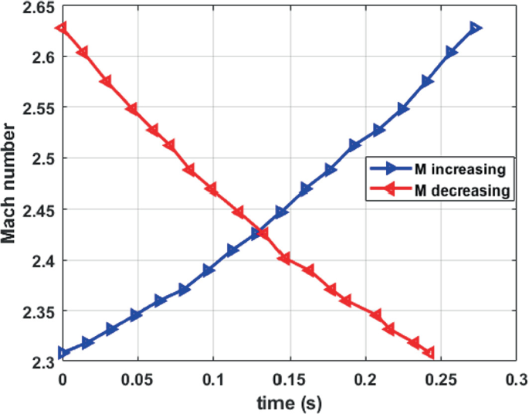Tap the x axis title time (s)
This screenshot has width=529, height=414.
tap(288, 402)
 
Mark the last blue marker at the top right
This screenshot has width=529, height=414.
tap(475, 29)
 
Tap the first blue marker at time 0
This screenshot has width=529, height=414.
tap(63, 353)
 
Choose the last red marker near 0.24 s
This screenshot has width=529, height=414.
tap(429, 353)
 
